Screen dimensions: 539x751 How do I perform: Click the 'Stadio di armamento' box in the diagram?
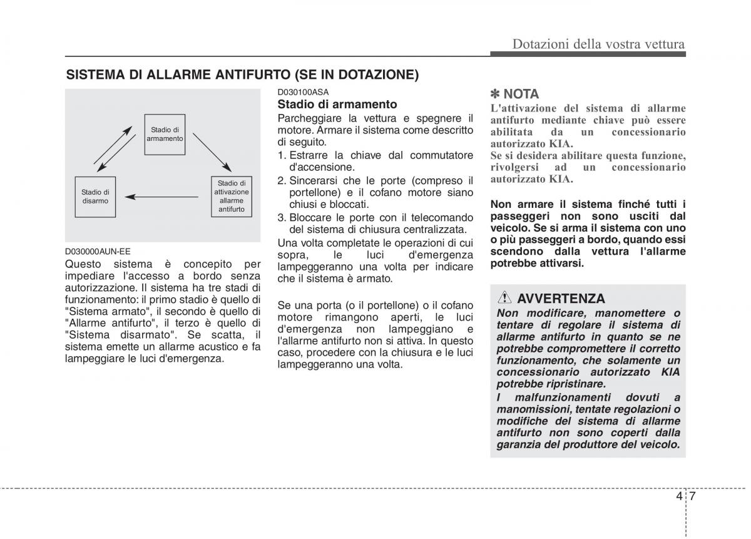pos(165,134)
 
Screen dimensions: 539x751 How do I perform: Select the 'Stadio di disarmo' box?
pos(95,197)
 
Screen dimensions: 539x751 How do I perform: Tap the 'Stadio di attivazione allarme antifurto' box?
pos(232,197)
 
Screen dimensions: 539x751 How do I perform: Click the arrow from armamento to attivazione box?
pos(212,152)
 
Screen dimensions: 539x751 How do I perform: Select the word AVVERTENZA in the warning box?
pos(561,299)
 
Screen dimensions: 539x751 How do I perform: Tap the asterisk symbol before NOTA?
pos(495,94)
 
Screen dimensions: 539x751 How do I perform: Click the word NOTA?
pos(521,94)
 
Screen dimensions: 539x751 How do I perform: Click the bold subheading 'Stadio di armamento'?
pos(337,104)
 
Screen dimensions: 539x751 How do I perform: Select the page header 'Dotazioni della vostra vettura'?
pos(598,44)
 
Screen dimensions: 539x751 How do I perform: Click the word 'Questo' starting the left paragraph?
pos(83,264)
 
